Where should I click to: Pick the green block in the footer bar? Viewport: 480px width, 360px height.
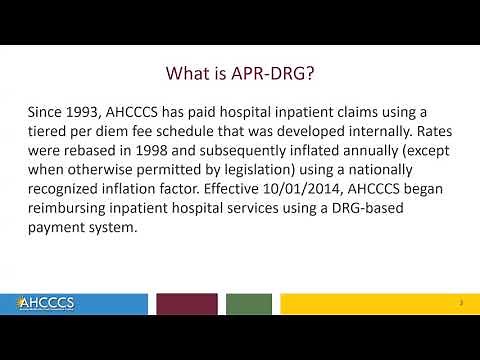pyautogui.click(x=249, y=303)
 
